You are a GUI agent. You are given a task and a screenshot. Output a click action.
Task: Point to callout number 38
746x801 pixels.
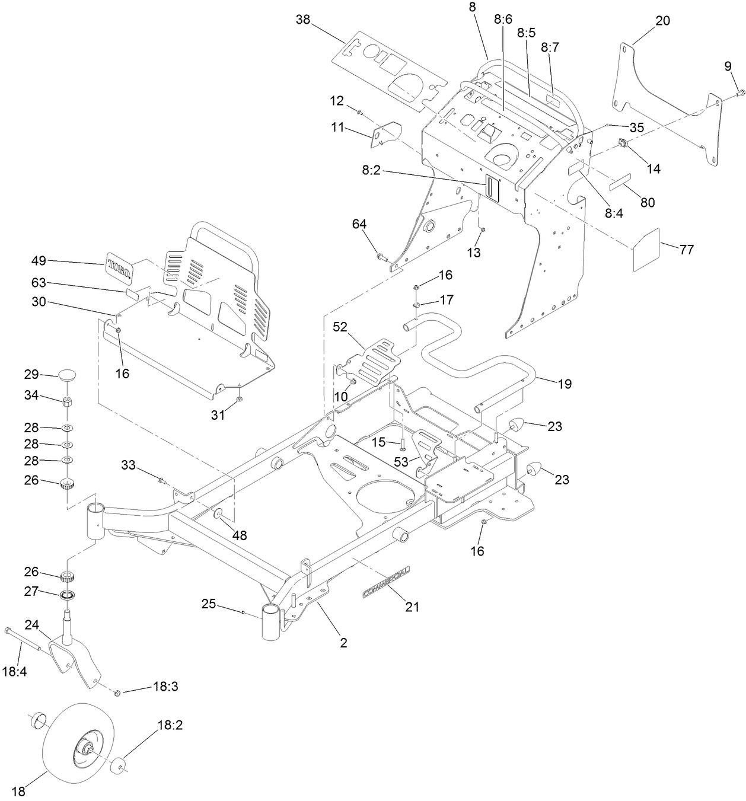coord(303,20)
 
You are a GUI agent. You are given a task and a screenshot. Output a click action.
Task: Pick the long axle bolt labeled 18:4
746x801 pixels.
coord(24,640)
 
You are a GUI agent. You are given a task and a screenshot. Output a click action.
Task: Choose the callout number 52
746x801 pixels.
coord(339,327)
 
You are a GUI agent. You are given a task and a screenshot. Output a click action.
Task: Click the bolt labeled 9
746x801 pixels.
coord(741,92)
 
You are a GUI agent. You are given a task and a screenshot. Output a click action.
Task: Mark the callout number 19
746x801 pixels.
coord(564,384)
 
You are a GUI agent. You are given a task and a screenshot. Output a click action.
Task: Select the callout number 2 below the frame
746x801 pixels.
coord(343,643)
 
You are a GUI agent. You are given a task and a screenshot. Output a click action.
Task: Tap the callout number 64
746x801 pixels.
coord(359,224)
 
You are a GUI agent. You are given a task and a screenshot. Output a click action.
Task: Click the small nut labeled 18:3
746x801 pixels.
coord(117,692)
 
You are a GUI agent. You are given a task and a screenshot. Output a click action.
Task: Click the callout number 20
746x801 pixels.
coord(662,21)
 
